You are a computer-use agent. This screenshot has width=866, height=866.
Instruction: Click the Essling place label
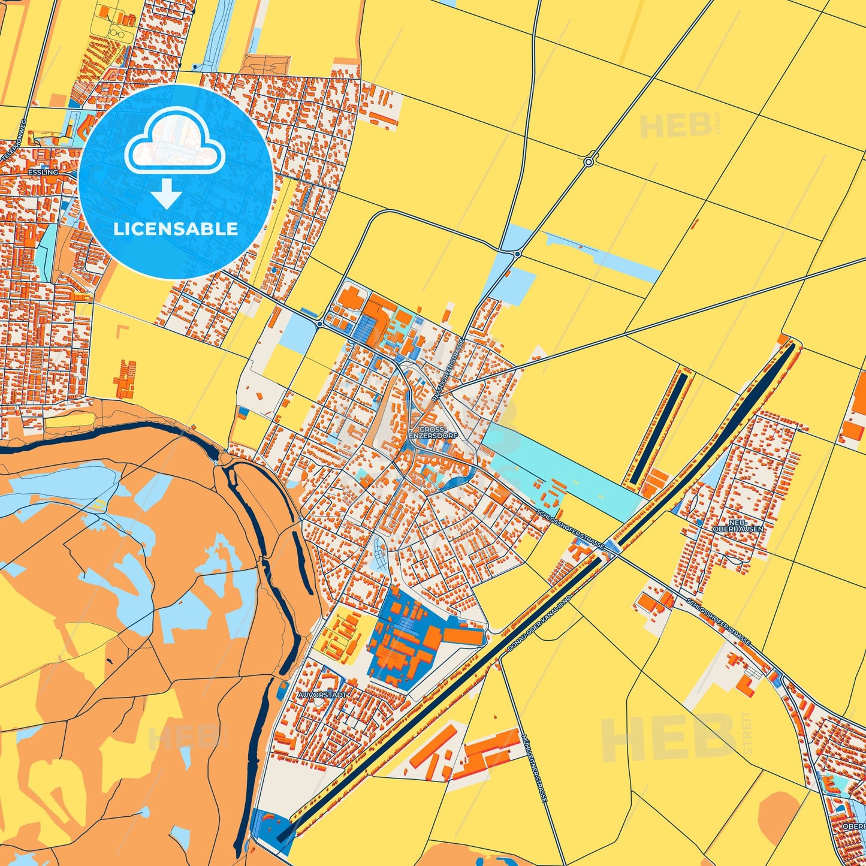(x=43, y=172)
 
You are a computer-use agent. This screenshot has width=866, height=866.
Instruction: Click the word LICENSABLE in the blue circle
(x=176, y=229)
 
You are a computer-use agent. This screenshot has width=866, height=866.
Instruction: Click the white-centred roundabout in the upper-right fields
(x=589, y=162)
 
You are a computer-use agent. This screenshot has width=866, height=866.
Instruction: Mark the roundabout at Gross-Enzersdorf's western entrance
(x=320, y=324)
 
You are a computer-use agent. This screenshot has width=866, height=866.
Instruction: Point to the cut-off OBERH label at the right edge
(x=853, y=826)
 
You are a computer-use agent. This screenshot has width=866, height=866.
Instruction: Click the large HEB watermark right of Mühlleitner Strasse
(x=668, y=739)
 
